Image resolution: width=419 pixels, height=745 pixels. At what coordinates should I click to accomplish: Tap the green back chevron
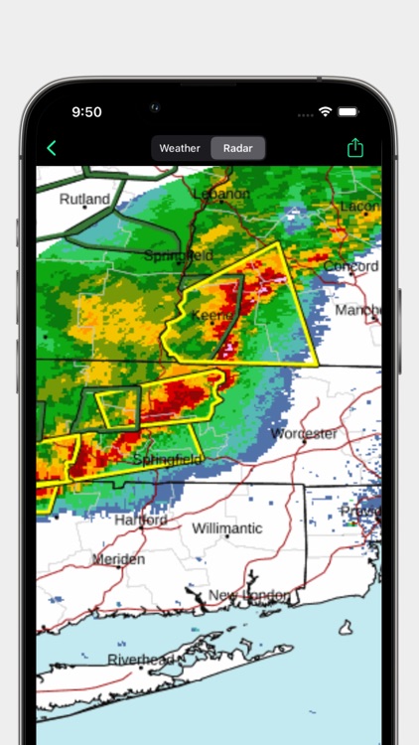tap(52, 149)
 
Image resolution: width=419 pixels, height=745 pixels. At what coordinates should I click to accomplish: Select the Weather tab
tap(180, 148)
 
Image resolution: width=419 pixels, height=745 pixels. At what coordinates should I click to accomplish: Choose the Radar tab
tap(237, 148)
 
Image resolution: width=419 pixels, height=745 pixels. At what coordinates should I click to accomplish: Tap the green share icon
tap(355, 148)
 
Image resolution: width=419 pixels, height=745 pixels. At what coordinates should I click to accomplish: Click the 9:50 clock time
tap(86, 112)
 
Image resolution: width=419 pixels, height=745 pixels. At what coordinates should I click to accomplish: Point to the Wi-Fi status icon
tap(325, 112)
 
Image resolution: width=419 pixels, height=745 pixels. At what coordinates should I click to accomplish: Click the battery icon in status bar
tap(348, 112)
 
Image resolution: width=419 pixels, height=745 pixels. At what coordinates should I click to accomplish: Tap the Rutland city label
tap(84, 199)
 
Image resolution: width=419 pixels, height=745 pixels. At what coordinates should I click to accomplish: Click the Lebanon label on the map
tap(222, 194)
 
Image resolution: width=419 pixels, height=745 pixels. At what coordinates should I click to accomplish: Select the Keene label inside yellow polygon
tap(211, 315)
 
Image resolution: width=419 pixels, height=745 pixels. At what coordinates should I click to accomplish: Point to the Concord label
tap(350, 266)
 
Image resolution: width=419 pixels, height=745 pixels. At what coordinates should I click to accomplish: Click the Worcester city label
tap(305, 434)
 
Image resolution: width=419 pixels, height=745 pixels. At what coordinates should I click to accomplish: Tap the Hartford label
tap(140, 520)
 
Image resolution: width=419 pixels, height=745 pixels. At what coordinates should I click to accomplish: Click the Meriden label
tap(118, 559)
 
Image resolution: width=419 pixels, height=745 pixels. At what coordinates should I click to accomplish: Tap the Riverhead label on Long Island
tap(142, 660)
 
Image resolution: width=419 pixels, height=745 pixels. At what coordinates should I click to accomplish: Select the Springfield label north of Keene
tap(178, 255)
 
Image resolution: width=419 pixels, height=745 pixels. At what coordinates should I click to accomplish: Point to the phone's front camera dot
tap(154, 106)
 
